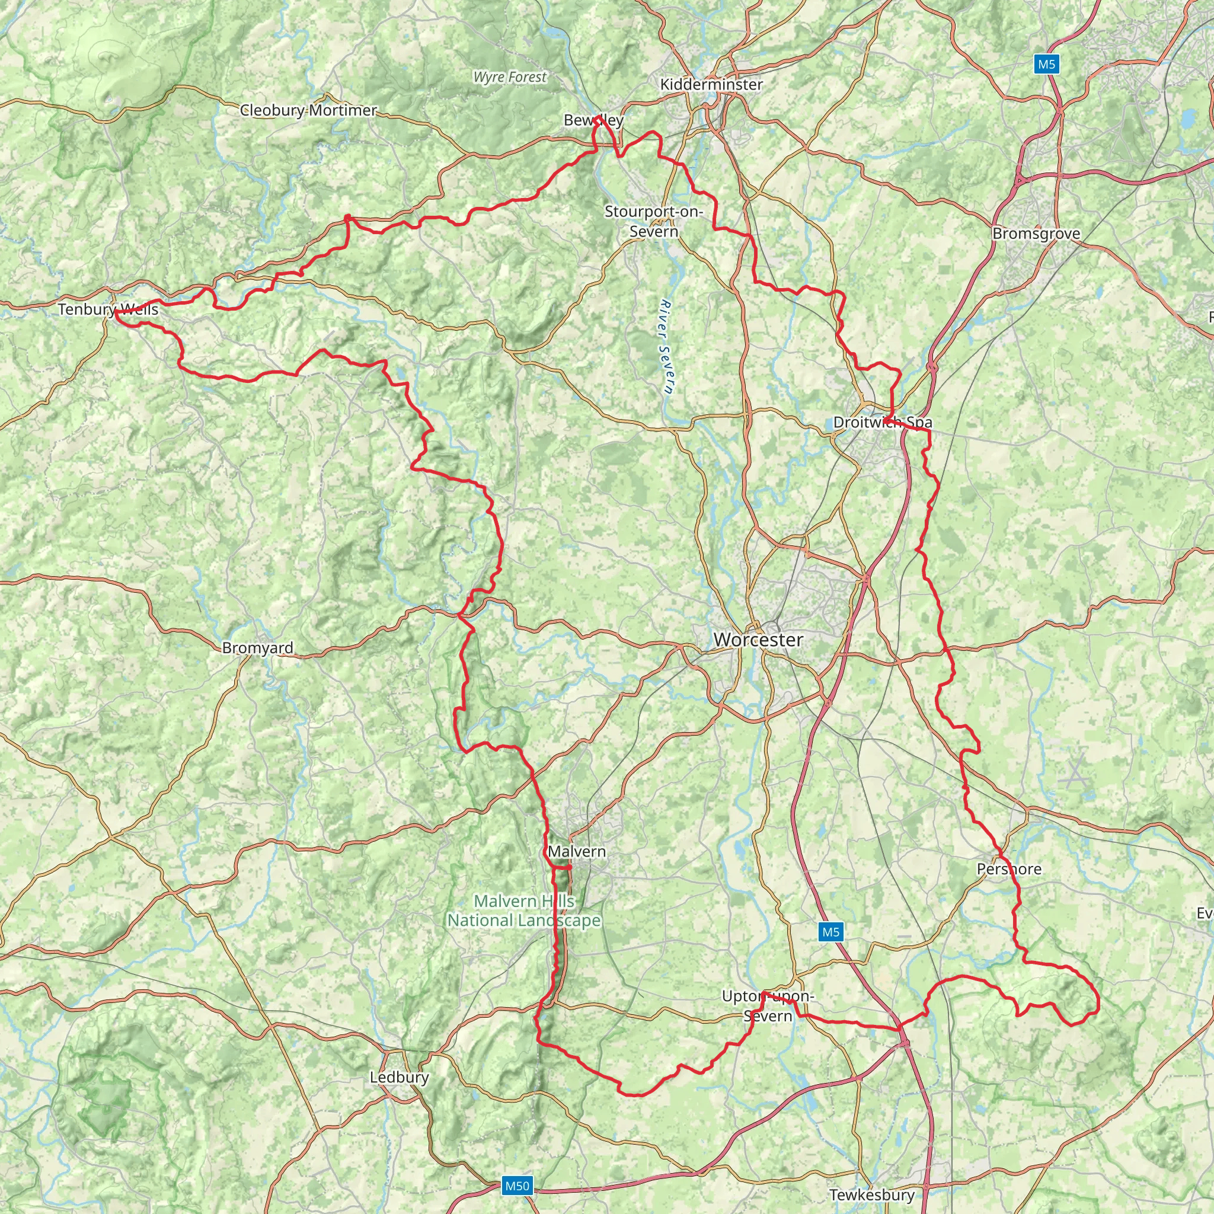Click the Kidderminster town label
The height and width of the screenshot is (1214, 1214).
click(711, 84)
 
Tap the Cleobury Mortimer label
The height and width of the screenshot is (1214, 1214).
click(308, 111)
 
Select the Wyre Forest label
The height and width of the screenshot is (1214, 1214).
click(510, 77)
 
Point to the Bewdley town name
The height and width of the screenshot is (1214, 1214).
click(593, 120)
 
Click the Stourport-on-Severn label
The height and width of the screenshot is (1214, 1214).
click(653, 221)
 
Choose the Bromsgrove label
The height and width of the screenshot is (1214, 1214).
click(1036, 234)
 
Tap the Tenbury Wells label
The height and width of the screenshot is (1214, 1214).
click(108, 309)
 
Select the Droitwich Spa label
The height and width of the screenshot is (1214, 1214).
click(882, 422)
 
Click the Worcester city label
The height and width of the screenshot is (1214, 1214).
click(758, 640)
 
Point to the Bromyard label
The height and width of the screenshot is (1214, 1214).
click(258, 648)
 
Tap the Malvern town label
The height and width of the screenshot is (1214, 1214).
click(577, 851)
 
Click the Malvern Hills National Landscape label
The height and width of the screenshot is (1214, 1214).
click(524, 910)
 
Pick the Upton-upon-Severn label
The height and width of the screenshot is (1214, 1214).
click(768, 1006)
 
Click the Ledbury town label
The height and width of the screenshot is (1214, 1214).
click(399, 1077)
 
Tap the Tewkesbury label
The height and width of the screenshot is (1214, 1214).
click(871, 1194)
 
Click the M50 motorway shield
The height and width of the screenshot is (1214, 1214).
click(517, 1186)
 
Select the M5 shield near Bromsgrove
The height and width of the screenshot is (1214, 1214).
click(1047, 64)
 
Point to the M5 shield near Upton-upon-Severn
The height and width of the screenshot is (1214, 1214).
click(830, 932)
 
